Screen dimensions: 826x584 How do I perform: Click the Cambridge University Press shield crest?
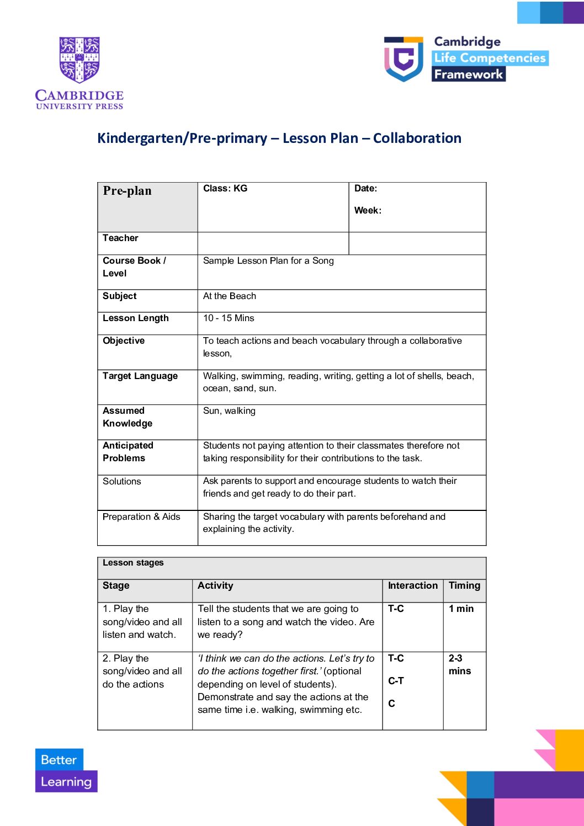79,60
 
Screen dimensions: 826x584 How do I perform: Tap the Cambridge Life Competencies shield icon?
404,58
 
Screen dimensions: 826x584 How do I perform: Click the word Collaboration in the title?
417,138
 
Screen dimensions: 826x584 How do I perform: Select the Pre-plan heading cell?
128,191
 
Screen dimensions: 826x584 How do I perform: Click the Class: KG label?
225,189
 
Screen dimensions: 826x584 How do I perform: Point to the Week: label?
368,210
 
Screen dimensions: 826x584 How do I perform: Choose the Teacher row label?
120,238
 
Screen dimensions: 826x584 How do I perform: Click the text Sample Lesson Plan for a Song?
268,260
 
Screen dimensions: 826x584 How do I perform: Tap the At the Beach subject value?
230,296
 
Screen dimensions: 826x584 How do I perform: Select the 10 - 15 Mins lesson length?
229,318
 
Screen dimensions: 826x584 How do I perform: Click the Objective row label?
124,340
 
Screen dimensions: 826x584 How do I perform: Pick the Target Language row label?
140,376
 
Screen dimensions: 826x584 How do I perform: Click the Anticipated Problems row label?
128,452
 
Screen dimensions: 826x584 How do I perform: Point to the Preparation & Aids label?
141,516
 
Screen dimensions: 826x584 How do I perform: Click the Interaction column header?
412,585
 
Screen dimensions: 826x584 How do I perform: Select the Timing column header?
464,585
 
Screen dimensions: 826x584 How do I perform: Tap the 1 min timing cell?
461,609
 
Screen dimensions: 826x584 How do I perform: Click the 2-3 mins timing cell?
459,664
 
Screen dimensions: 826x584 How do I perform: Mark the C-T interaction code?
396,681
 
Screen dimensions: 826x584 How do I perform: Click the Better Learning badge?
66,770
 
